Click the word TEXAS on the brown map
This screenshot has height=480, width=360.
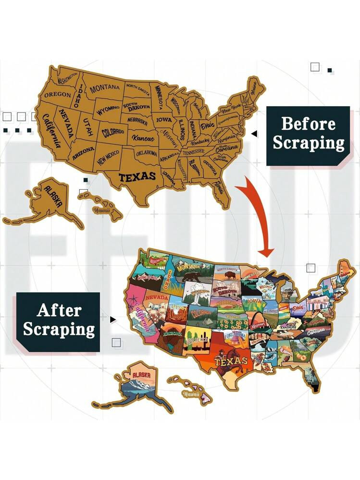tap(137, 176)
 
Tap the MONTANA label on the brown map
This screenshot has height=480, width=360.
tap(105, 88)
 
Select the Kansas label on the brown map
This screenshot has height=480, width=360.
tap(144, 138)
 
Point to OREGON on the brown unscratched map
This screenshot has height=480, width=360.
tap(57, 95)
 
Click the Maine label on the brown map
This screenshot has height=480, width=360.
tap(251, 88)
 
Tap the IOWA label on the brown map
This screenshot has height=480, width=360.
tap(163, 120)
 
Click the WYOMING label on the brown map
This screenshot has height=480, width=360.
tap(108, 111)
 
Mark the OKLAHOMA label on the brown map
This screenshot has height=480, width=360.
tap(147, 153)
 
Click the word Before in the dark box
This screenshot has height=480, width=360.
tap(308, 123)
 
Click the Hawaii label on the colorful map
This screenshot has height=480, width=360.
tap(190, 394)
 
